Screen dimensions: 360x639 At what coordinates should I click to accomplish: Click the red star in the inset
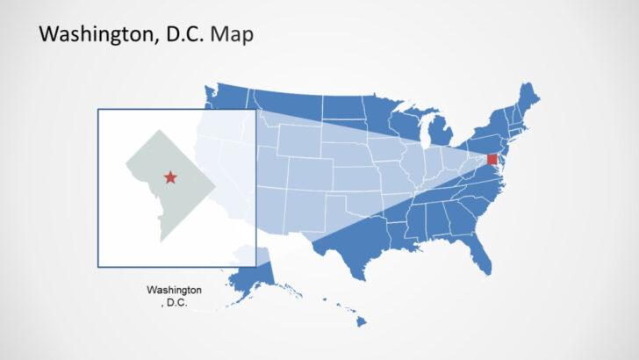click(169, 178)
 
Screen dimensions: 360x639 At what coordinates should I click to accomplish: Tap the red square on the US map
click(492, 160)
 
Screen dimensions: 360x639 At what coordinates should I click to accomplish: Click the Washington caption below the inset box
click(174, 291)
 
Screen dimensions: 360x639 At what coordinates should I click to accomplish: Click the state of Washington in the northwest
click(230, 97)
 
